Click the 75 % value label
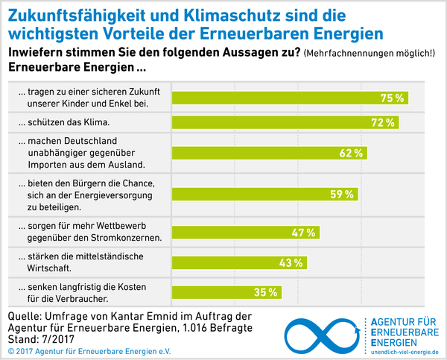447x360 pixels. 392,98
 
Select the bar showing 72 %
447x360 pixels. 283,121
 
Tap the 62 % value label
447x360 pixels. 352,153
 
